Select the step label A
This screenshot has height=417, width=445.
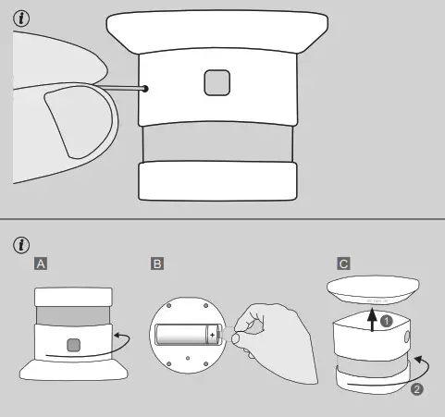tap(41, 264)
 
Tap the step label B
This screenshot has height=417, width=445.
tap(157, 264)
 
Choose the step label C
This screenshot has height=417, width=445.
tap(343, 264)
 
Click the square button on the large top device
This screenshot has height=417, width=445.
tap(217, 84)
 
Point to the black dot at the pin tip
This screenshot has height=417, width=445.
tap(145, 89)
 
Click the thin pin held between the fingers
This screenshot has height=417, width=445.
tap(125, 88)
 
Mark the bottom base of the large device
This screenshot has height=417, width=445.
tap(217, 179)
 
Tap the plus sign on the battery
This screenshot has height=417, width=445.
tap(211, 334)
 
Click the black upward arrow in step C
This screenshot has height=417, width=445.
tap(371, 320)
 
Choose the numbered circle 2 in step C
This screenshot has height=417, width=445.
tap(416, 389)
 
